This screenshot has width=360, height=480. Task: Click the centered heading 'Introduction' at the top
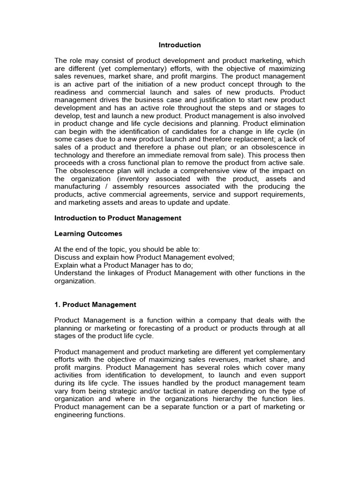pyautogui.click(x=180, y=45)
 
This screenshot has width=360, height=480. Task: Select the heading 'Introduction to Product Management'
pyautogui.click(x=118, y=218)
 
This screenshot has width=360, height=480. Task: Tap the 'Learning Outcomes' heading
pyautogui.click(x=88, y=233)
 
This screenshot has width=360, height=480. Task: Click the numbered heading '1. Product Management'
pyautogui.click(x=95, y=305)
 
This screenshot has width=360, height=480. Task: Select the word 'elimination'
pyautogui.click(x=286, y=123)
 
